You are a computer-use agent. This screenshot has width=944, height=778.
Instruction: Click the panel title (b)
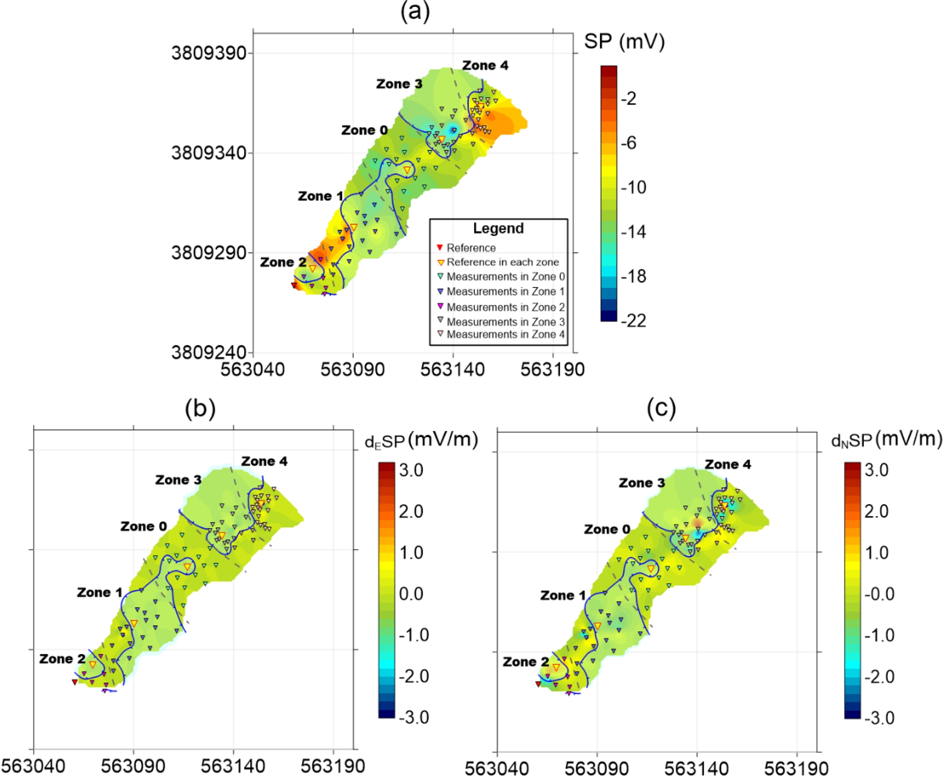coord(200,408)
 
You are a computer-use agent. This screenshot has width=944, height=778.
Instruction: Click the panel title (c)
coord(661,408)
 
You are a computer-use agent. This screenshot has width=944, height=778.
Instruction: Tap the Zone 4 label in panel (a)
coord(485,65)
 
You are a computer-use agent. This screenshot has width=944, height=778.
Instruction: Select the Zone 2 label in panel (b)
coord(62,658)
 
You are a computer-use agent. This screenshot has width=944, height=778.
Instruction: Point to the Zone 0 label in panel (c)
coord(607,529)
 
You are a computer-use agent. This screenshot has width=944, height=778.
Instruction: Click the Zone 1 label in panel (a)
coord(320,196)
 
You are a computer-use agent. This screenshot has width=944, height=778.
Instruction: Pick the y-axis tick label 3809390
coord(208,53)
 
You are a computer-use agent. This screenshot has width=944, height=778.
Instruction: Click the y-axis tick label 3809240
coord(208,352)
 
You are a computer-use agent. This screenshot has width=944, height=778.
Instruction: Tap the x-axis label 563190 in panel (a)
coord(552,369)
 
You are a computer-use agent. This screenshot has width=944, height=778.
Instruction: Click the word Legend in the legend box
coord(498,228)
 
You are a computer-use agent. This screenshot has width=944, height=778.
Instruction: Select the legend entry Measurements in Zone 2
coord(505,307)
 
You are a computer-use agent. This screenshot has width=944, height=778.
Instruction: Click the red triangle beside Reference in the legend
coord(440,247)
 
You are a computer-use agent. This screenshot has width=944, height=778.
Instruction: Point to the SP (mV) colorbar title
coord(624,41)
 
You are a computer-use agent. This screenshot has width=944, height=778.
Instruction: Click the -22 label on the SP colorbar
coord(633,321)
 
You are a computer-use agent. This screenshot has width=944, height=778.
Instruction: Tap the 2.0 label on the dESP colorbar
coord(411,511)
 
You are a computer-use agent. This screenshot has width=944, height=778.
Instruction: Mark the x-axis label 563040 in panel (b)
coord(33,766)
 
